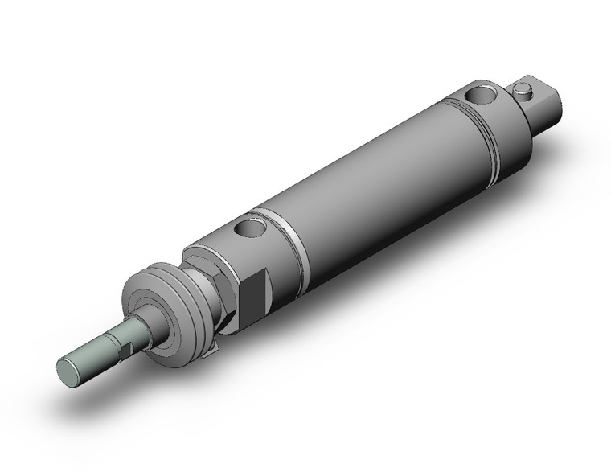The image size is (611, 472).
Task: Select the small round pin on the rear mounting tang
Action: tap(526, 90)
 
